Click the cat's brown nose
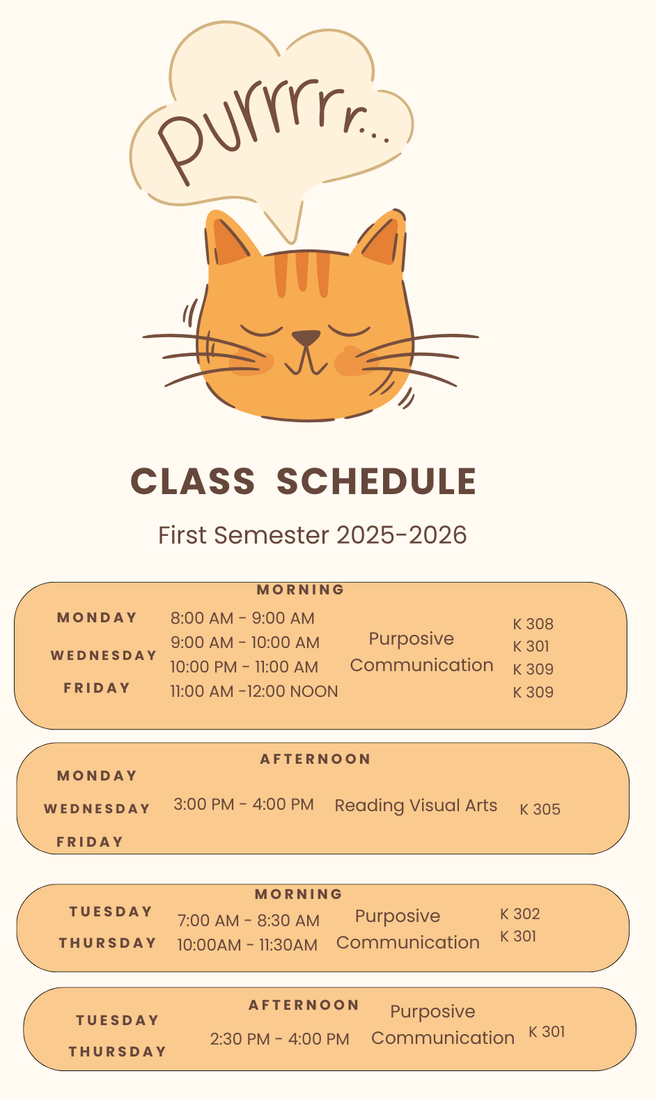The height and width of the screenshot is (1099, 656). pos(306,337)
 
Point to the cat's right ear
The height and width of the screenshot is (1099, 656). pos(382,238)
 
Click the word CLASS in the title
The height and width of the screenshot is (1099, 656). pos(193,481)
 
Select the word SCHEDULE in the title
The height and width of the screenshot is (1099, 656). pos(377,481)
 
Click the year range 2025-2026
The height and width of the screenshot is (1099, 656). pos(402,535)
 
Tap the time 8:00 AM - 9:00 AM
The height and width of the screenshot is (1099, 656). pos(242,618)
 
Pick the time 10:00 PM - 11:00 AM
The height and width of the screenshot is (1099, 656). pos(244,667)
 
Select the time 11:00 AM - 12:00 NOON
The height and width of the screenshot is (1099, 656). pos(254,692)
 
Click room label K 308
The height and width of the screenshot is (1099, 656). pos(533,624)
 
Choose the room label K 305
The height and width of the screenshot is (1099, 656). pos(540,810)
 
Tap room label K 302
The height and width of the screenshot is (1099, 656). pos(520,914)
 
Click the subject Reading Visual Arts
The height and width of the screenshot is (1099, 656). pos(416,806)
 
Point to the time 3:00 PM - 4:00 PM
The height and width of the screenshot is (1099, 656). pos(244,805)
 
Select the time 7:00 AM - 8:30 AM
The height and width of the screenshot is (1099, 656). pos(249,921)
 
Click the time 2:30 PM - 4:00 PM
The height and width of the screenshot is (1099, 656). pos(279,1039)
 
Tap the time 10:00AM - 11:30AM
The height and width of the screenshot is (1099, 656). pos(248,946)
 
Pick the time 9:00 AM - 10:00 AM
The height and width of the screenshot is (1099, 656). pos(245,643)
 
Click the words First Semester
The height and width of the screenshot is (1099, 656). pos(244,535)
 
